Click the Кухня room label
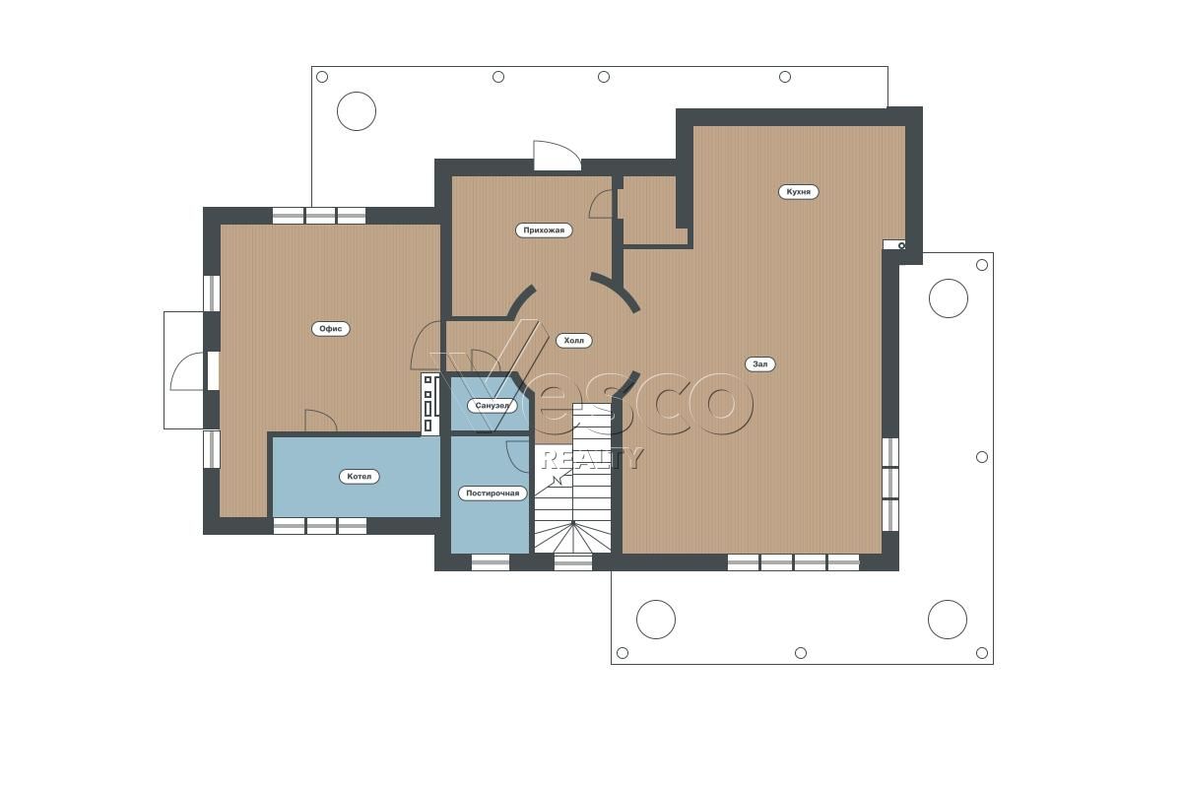point(799,192)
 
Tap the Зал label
point(759,363)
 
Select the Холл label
point(573,341)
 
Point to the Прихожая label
point(544,230)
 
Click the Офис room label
point(330,329)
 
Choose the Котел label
point(359,477)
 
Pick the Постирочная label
point(492,493)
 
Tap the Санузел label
point(492,406)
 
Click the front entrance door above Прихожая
point(558,156)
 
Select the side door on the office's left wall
point(188,371)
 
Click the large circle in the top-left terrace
point(357,111)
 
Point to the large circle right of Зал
point(949,298)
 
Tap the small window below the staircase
point(573,562)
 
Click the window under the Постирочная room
point(491,562)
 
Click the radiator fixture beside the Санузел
point(431,404)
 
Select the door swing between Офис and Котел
point(321,421)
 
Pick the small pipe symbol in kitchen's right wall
point(901,245)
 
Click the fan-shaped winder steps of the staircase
point(573,537)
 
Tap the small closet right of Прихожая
point(654,210)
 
